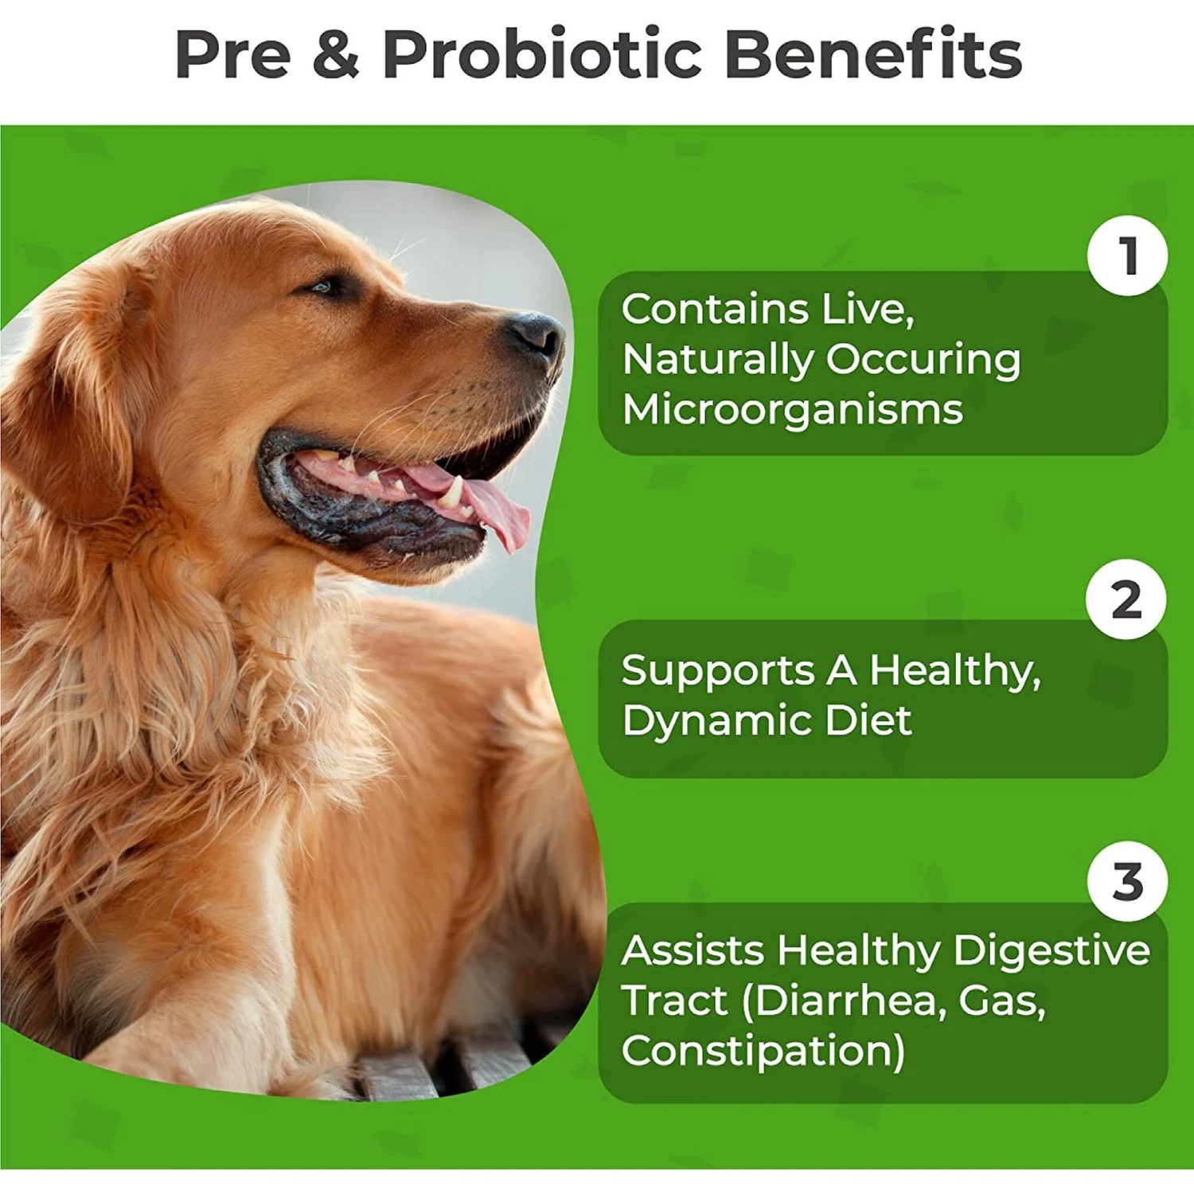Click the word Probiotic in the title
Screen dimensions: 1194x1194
point(541,54)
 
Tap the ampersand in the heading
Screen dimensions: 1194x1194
point(336,54)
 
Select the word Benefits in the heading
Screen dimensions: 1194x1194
point(873,54)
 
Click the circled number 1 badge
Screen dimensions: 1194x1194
point(1127,256)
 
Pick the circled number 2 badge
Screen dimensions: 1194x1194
point(1126,599)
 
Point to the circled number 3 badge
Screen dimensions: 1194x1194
point(1127,881)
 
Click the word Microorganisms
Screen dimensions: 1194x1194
point(793,411)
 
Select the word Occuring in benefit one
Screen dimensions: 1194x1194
point(923,360)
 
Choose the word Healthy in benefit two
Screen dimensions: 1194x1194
point(954,670)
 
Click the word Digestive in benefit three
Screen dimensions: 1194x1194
point(1052,951)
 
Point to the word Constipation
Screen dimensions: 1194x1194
point(763,1052)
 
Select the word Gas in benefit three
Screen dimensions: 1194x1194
point(1002,1001)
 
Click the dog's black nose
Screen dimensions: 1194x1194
point(535,333)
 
